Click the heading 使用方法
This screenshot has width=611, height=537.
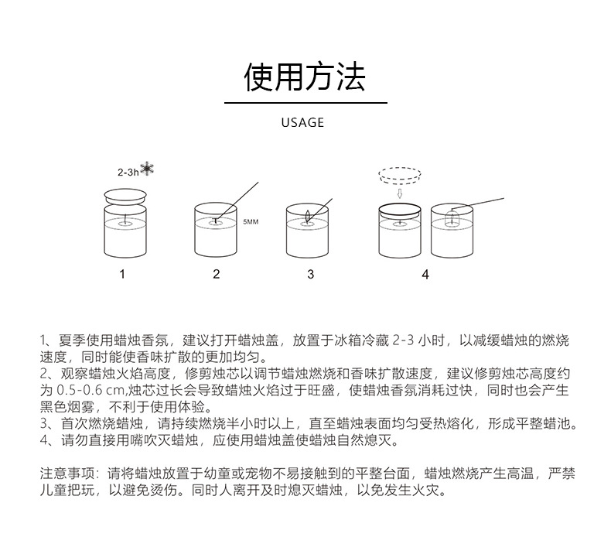[x=305, y=76]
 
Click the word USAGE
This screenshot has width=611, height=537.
[x=302, y=122]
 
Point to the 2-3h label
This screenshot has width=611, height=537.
[x=128, y=173]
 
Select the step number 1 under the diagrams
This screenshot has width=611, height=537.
[x=122, y=274]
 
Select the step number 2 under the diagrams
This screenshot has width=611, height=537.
[x=217, y=274]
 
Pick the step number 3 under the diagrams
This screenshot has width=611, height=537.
[x=310, y=274]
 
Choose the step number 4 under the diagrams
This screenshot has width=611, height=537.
[x=425, y=274]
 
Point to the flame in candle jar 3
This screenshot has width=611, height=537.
[x=307, y=215]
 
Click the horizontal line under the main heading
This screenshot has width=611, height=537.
[x=305, y=102]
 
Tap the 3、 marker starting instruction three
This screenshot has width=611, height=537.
[x=46, y=424]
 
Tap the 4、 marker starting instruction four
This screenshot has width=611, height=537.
[x=46, y=441]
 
